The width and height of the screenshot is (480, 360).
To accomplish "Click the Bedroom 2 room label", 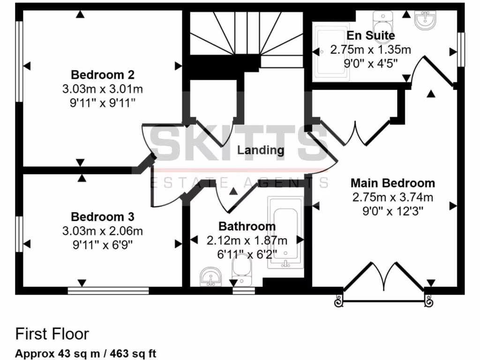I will pyautogui.click(x=103, y=75).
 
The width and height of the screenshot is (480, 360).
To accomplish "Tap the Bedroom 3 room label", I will pyautogui.click(x=103, y=217).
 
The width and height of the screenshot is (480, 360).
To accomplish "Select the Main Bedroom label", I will pyautogui.click(x=393, y=183).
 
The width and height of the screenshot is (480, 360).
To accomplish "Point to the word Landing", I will pyautogui.click(x=261, y=150).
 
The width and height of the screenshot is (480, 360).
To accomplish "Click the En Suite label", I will pyautogui.click(x=370, y=36).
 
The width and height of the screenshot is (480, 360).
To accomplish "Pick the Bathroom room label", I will pyautogui.click(x=247, y=226).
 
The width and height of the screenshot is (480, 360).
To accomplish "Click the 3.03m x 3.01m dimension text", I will pyautogui.click(x=103, y=89).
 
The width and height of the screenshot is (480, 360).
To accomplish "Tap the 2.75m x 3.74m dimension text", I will pyautogui.click(x=393, y=197).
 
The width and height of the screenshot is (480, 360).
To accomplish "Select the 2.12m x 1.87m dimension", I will pyautogui.click(x=247, y=240).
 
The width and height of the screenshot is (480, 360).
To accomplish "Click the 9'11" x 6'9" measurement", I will pyautogui.click(x=103, y=244).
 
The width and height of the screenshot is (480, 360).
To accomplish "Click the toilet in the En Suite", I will pyautogui.click(x=382, y=21).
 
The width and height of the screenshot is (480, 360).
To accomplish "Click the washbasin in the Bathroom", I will pyautogui.click(x=211, y=277).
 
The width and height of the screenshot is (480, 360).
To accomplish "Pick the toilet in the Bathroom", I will pyautogui.click(x=241, y=272).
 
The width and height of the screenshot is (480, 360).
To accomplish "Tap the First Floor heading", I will pyautogui.click(x=52, y=334).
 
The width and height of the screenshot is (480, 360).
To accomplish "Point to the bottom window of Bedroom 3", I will pyautogui.click(x=108, y=291).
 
